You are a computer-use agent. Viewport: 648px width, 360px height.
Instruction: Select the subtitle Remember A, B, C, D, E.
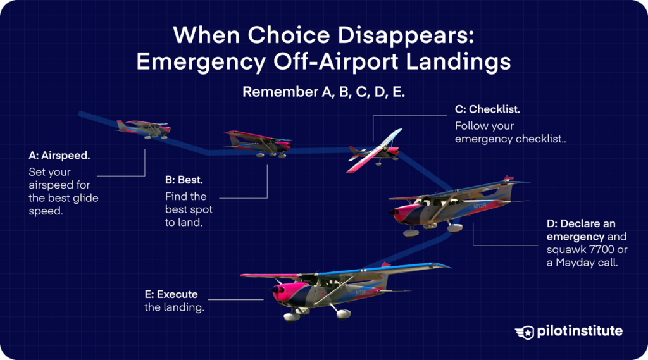pyautogui.click(x=323, y=92)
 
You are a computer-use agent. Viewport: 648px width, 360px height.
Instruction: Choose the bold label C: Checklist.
pyautogui.click(x=487, y=109)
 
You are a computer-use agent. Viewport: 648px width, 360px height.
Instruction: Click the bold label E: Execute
pyautogui.click(x=171, y=294)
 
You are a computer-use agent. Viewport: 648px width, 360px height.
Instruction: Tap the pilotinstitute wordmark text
pyautogui.click(x=580, y=332)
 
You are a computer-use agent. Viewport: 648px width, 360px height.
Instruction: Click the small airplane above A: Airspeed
pyautogui.click(x=144, y=128)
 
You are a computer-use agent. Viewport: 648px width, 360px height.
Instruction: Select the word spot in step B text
pyautogui.click(x=202, y=209)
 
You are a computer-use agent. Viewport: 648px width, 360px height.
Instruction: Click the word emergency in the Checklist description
pyautogui.click(x=480, y=139)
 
